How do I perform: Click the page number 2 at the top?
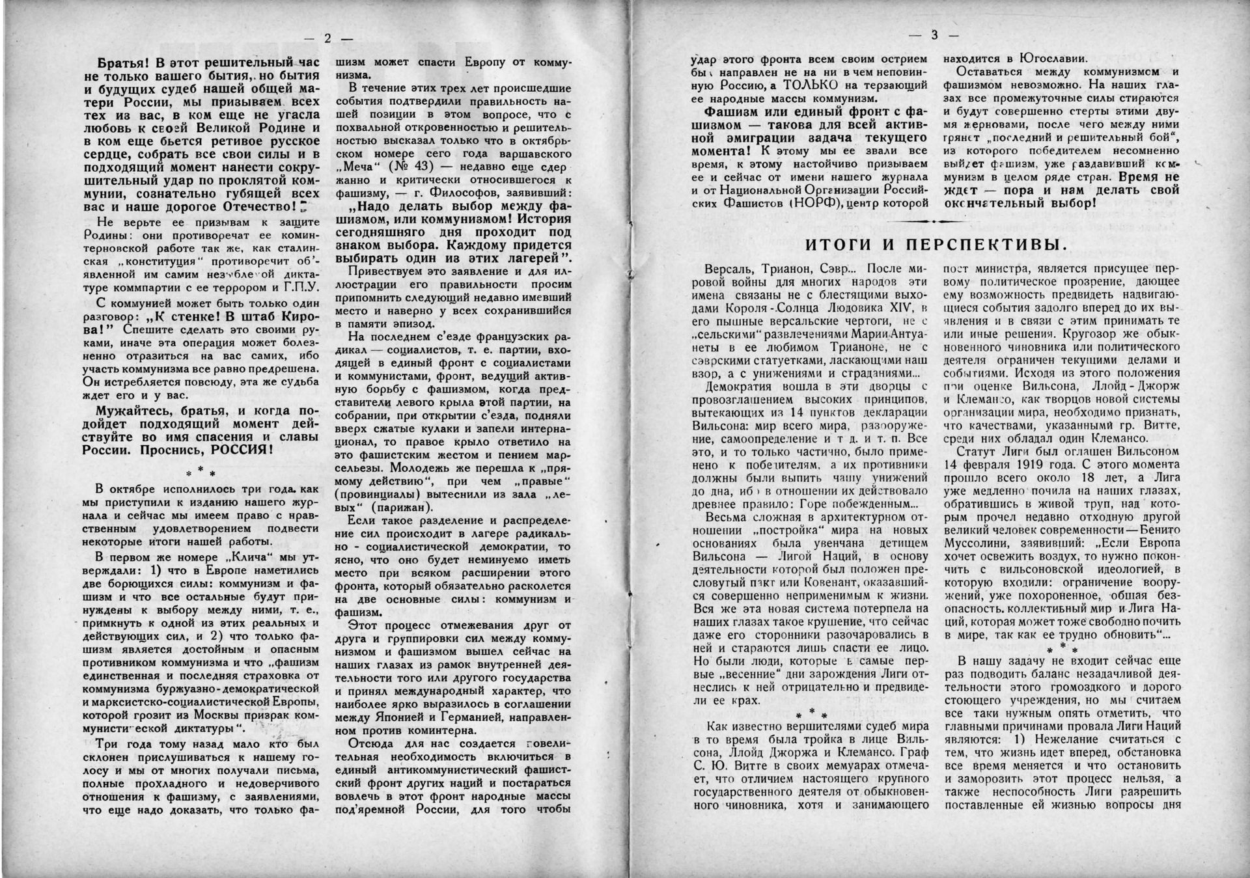click(x=327, y=38)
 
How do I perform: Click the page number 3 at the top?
click(x=934, y=35)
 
